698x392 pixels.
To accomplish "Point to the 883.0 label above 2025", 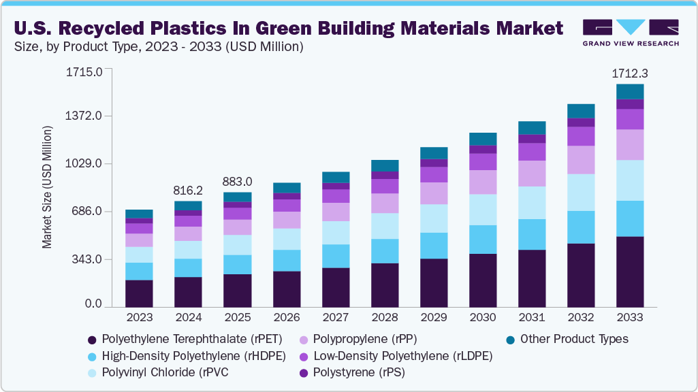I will click(x=237, y=182).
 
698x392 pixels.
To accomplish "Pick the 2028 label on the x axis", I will click(x=384, y=317).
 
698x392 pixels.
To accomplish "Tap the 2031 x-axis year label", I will click(x=532, y=317).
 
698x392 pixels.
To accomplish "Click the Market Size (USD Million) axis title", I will click(x=47, y=186).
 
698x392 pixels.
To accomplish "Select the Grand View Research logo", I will click(x=631, y=33).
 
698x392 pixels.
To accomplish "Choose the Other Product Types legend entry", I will click(x=574, y=338).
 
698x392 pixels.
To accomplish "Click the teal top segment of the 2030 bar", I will click(x=483, y=139).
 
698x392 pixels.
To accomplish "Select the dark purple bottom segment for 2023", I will click(x=139, y=293).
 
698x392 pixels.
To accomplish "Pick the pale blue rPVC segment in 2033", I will click(x=630, y=180).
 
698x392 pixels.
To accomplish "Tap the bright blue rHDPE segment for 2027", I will click(x=335, y=256).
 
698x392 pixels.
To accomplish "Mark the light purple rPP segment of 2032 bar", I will click(x=581, y=160).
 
